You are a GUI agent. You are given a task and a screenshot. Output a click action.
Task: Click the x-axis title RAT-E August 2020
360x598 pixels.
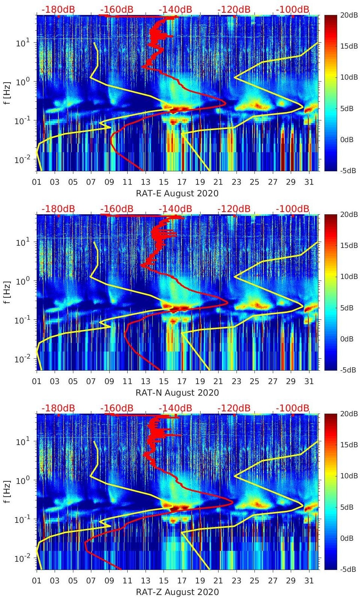tap(177, 193)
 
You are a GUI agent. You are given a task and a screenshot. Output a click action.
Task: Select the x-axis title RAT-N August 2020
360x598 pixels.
tap(177, 393)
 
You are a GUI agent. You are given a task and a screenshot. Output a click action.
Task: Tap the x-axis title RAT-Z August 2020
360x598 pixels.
tap(177, 592)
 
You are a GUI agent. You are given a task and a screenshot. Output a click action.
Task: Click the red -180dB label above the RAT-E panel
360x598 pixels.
tap(58, 9)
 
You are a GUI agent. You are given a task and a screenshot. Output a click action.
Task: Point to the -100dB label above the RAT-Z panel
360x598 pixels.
tap(293, 408)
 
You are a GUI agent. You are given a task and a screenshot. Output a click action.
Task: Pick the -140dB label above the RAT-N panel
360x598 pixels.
tap(176, 209)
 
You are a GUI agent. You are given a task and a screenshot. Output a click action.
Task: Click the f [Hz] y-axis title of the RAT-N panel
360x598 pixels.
tap(7, 292)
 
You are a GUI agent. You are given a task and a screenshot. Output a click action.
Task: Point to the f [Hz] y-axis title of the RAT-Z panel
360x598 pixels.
tap(7, 491)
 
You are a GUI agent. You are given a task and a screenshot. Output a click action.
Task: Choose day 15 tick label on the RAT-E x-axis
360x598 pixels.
tap(164, 182)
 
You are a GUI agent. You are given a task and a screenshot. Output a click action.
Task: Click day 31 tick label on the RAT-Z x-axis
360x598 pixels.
tap(309, 581)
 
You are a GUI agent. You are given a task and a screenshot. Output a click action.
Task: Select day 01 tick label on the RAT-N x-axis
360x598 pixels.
tap(37, 381)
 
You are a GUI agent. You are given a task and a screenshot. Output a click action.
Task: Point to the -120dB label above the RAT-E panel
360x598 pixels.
tap(234, 9)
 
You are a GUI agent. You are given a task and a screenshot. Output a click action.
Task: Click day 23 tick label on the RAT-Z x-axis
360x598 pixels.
tap(236, 581)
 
